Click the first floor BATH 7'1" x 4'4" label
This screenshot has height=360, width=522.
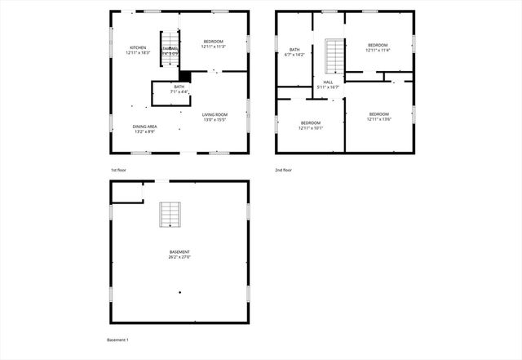179,89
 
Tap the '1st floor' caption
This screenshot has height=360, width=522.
119,170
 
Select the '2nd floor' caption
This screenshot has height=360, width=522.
283,170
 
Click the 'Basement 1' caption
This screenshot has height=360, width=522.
118,340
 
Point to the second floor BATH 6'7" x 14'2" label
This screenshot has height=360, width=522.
294,52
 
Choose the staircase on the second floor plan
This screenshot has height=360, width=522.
335,56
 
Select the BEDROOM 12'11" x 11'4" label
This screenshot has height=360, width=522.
378,47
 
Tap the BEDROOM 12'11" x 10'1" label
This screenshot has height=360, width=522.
311,125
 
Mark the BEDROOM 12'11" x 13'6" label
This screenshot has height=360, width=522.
378,117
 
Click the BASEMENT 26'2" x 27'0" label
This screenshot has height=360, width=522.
179,254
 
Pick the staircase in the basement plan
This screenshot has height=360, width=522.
170,214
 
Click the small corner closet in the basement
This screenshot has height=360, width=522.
127,192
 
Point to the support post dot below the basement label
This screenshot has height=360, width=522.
180,291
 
